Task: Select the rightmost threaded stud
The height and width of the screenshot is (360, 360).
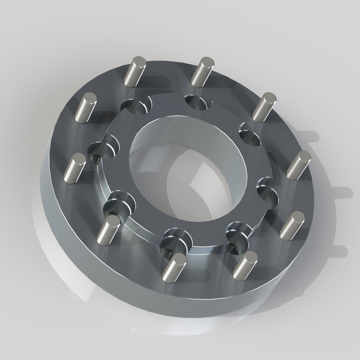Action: point(299,165)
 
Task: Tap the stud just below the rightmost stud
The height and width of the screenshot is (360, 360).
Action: point(292,225)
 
